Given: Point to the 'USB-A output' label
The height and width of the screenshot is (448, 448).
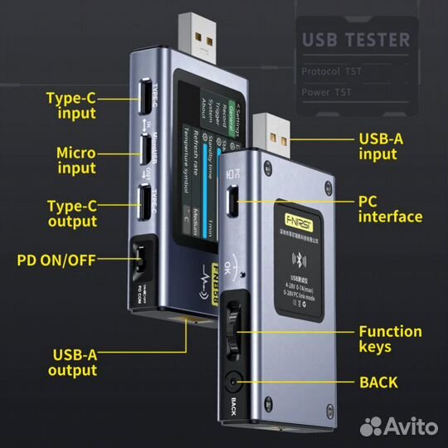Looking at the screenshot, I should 72,363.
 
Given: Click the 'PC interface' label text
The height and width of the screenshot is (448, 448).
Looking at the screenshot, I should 390,209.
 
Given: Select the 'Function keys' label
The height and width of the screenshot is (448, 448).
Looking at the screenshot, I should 390,339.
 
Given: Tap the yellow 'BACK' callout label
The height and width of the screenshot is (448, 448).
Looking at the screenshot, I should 378,382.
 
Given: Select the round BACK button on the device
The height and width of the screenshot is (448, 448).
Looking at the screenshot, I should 233,383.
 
